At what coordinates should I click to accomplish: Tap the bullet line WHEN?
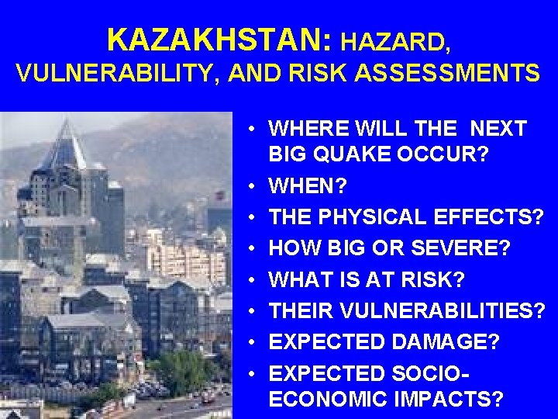pos(308,186)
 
